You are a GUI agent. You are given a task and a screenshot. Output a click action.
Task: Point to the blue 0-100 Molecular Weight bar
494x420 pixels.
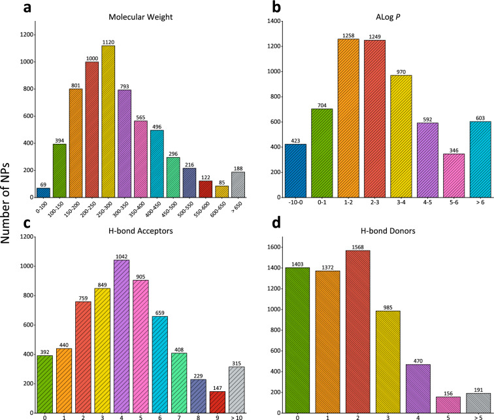[43, 192]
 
